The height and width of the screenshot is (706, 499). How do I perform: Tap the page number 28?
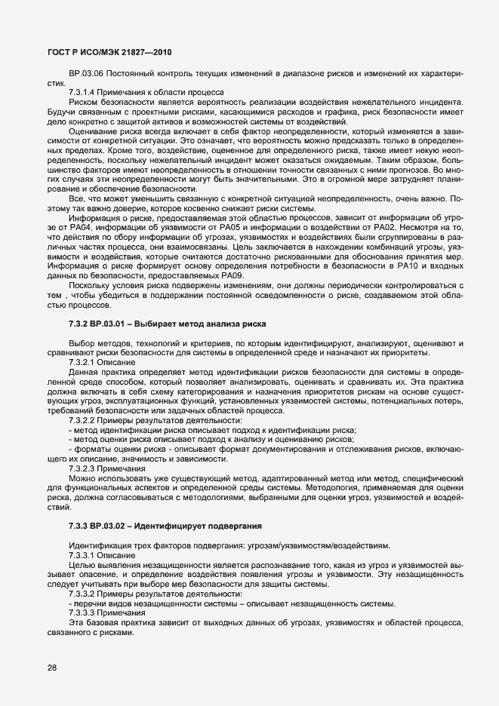(52, 667)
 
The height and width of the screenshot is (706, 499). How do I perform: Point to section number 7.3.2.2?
(82, 420)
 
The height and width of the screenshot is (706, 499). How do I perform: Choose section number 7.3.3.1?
(82, 554)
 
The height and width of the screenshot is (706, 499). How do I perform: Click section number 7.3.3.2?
(82, 594)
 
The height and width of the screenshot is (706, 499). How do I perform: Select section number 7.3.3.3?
(82, 613)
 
